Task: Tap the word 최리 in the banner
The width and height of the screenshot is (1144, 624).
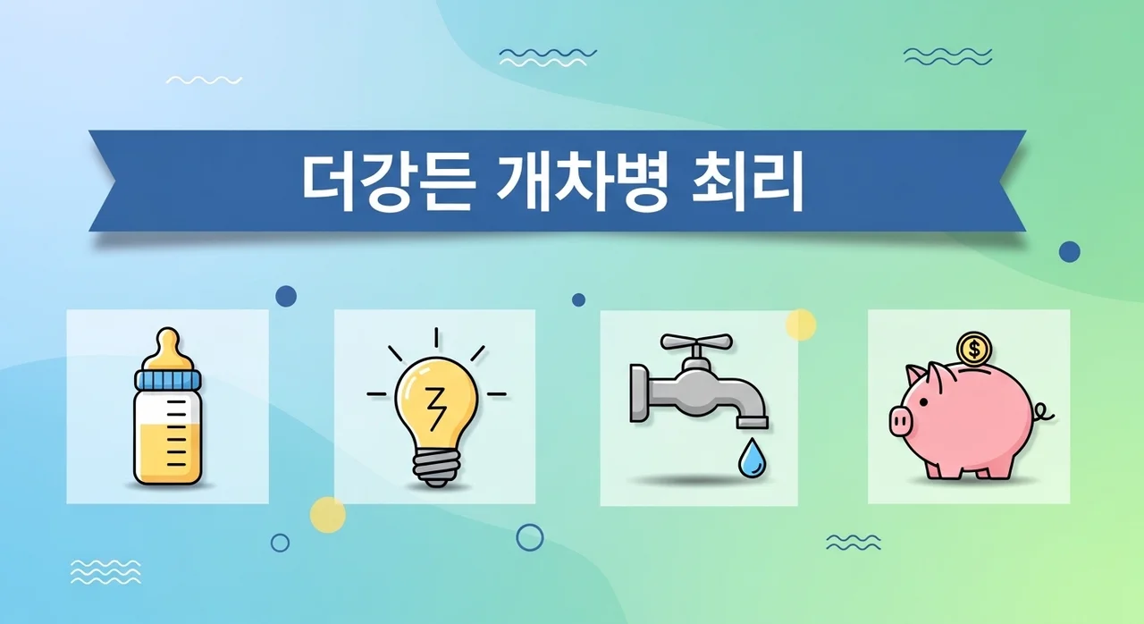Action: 749,182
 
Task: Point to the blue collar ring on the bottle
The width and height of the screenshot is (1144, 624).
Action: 168,380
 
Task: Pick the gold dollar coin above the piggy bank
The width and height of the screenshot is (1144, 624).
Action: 972,347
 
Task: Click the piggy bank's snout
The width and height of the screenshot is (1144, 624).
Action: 901,418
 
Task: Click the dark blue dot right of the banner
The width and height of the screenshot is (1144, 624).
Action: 1069,252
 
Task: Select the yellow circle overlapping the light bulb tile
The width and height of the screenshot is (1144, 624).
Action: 328,515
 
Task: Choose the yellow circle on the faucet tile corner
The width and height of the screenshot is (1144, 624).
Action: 801,325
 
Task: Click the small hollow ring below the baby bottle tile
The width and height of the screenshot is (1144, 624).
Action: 280,543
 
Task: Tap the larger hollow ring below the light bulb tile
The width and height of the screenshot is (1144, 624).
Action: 530,536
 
